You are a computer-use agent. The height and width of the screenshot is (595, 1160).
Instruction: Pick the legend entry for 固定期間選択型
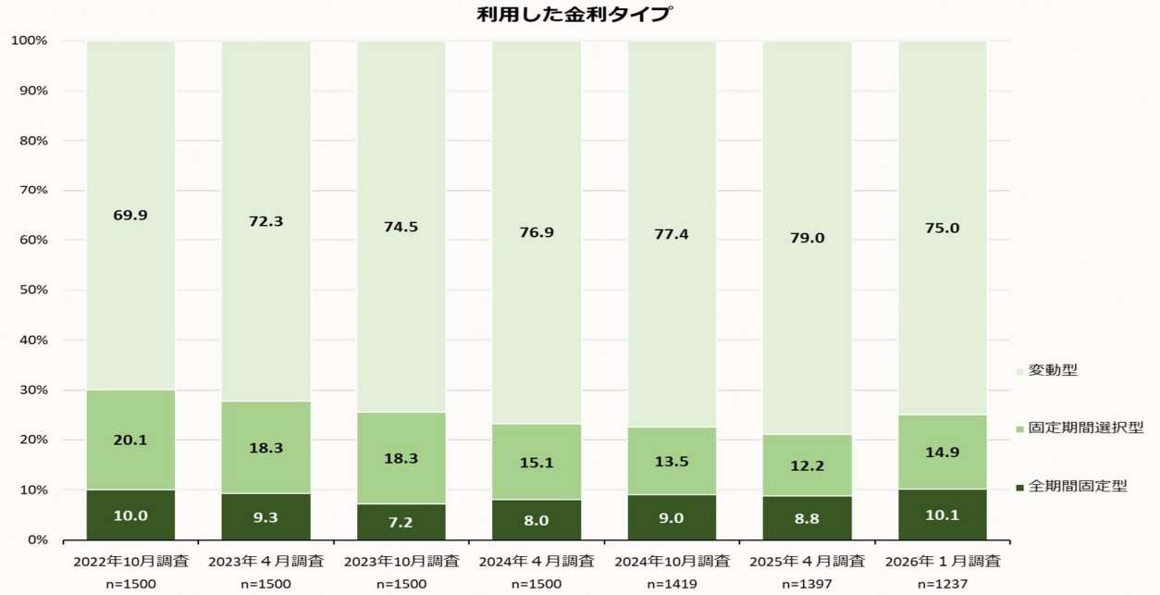1078,428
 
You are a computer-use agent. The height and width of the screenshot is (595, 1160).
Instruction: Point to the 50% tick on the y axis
32,291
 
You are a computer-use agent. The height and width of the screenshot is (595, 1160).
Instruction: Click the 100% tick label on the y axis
29,41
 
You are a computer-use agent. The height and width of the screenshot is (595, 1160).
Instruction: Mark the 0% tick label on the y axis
36,539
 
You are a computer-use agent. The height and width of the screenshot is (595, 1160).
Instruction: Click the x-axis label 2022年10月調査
130,561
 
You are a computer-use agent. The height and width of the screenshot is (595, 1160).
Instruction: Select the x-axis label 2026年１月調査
942,561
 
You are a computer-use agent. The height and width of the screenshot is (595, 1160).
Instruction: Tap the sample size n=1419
672,584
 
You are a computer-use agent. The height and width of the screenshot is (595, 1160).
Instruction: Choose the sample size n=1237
942,584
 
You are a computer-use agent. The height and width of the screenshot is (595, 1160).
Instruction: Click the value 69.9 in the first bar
130,215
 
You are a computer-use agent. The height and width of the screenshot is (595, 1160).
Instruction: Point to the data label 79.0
807,238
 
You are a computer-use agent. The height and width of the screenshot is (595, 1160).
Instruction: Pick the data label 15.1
537,462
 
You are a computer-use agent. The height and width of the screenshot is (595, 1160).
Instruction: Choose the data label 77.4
672,234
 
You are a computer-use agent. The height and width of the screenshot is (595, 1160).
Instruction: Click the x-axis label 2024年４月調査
537,561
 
